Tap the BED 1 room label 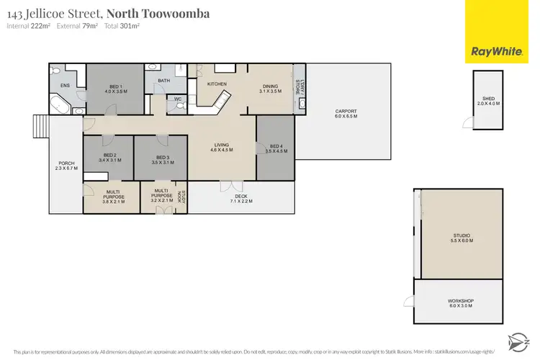(95, 90)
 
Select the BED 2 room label (109, 158)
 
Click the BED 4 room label (276, 149)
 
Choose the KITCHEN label (217, 84)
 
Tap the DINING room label (270, 89)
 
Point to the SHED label (487, 100)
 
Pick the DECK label (240, 198)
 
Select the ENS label (65, 86)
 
